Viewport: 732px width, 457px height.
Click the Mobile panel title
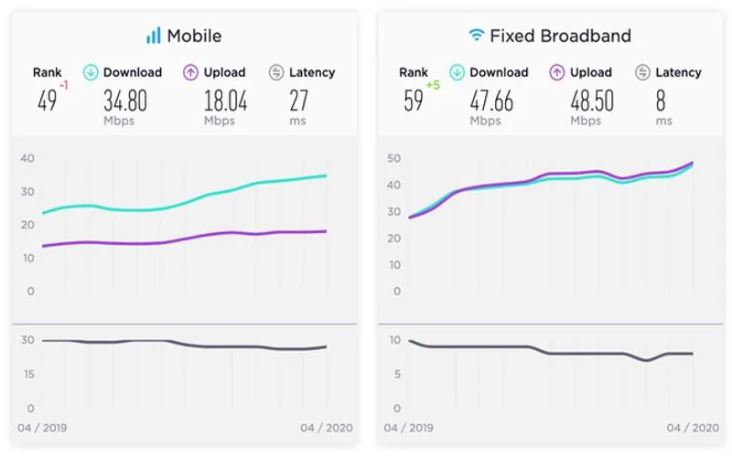coord(193,37)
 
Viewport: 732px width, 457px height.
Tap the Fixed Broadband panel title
coord(561,37)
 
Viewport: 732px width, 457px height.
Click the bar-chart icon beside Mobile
coord(153,37)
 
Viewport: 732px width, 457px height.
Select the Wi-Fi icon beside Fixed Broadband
coord(476,37)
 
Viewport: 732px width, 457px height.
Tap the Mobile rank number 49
coord(47,101)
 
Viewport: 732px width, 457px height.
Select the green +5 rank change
coord(434,86)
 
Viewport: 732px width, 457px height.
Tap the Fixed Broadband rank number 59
coord(414,101)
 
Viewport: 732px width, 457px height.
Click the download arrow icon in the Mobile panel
coord(91,72)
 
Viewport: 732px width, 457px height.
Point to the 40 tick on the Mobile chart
coord(27,158)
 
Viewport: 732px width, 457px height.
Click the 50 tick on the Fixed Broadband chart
coord(393,159)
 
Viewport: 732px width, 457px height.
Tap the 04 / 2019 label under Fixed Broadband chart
coord(408,427)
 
